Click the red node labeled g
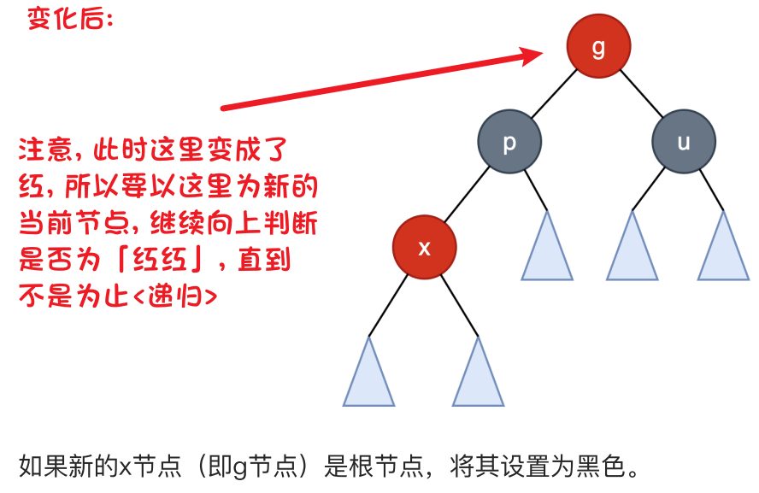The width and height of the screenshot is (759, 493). [x=598, y=47]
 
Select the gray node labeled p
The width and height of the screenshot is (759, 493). [x=509, y=143]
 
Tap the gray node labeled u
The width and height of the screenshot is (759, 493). [x=684, y=143]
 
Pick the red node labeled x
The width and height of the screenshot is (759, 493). [x=424, y=248]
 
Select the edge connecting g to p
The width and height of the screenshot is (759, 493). [x=554, y=95]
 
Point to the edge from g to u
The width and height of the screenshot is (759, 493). [x=641, y=95]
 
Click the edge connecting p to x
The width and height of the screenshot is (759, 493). [x=467, y=195]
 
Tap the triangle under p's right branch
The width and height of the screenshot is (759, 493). [x=548, y=251]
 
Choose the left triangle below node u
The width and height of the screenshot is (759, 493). [x=632, y=251]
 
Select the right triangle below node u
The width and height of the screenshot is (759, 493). [x=724, y=251]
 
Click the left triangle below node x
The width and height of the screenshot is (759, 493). [x=369, y=379]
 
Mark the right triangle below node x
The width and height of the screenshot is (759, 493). [x=479, y=379]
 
